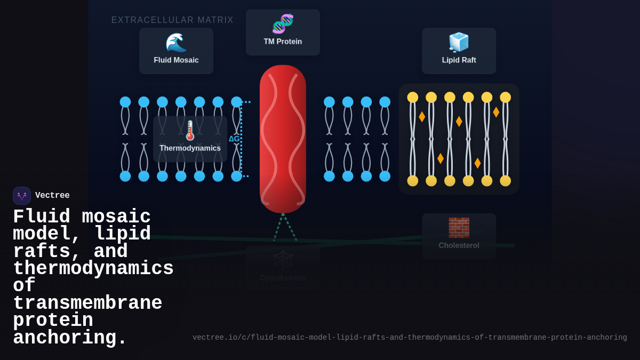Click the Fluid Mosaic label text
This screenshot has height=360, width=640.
[x=176, y=60]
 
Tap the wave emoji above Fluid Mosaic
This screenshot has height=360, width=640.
[x=176, y=43]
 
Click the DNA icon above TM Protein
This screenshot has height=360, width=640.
[x=283, y=24]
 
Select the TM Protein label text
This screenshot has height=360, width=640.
[x=283, y=42]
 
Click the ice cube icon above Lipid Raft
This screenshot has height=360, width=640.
[x=459, y=42]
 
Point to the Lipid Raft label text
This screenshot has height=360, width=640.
[x=459, y=60]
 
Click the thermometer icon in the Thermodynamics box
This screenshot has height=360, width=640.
[x=190, y=130]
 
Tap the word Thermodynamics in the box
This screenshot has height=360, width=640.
[x=190, y=148]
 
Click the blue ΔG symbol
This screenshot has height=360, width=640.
[x=234, y=139]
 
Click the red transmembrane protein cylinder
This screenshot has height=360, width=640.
[x=283, y=139]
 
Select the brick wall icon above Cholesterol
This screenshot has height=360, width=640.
[x=459, y=228]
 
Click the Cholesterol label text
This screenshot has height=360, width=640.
[x=459, y=245]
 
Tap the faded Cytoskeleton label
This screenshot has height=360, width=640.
[x=283, y=278]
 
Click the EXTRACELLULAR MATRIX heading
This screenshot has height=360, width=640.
[x=172, y=20]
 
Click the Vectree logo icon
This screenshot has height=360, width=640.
[x=22, y=196]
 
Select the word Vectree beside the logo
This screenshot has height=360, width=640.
[x=52, y=196]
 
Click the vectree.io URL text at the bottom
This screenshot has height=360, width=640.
[x=410, y=338]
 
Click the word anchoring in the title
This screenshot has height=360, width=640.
[x=69, y=338]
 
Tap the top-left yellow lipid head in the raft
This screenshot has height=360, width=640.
[x=413, y=97]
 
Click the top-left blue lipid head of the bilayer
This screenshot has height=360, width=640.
[x=125, y=102]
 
